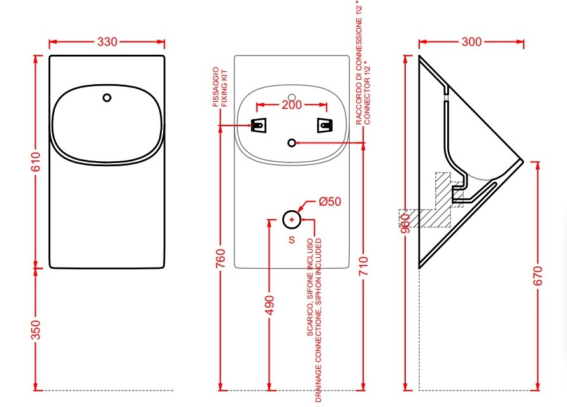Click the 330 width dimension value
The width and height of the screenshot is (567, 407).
[107, 41]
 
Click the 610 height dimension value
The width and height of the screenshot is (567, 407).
[36, 162]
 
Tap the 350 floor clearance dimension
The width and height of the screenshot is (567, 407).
[36, 330]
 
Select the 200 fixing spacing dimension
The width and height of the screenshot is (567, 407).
[292, 105]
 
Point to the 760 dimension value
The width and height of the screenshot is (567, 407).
[220, 258]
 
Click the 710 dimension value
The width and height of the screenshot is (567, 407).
[363, 266]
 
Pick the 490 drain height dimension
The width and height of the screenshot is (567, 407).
[269, 306]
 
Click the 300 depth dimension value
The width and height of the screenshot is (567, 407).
[471, 41]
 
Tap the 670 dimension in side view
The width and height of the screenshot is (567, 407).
[538, 275]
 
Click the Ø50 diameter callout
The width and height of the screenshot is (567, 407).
[330, 201]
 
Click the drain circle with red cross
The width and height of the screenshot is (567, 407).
[292, 219]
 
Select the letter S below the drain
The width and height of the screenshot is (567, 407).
[292, 239]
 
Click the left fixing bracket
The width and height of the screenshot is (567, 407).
[259, 125]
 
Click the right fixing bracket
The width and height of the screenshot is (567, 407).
[325, 125]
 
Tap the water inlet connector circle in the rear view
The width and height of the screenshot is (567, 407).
[292, 143]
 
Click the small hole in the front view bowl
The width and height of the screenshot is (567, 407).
[106, 97]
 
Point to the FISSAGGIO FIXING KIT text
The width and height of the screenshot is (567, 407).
[220, 87]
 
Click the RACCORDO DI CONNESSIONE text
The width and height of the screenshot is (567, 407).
[359, 64]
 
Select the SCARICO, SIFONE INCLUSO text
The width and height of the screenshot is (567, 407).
[310, 287]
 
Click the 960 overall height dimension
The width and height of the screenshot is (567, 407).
[406, 224]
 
